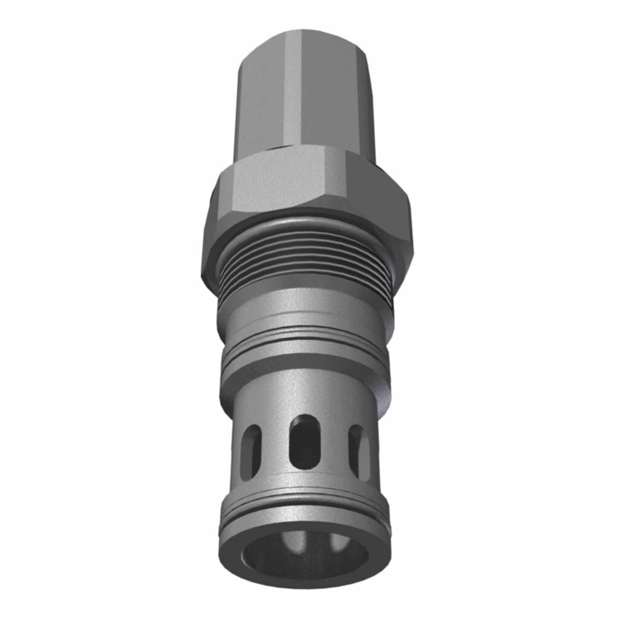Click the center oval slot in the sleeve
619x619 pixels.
pyautogui.click(x=303, y=441)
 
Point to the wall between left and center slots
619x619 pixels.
pyautogui.click(x=276, y=447)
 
